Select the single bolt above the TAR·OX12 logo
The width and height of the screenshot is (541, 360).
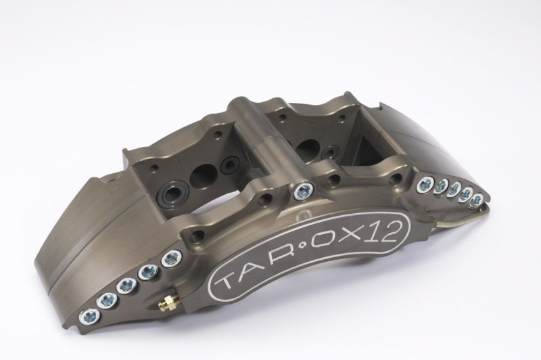point(303,191)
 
